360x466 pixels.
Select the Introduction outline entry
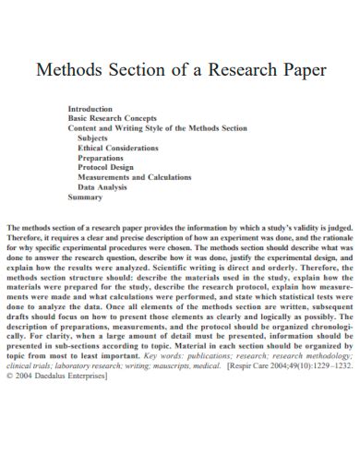pyautogui.click(x=90, y=108)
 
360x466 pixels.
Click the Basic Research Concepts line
pyautogui.click(x=113, y=118)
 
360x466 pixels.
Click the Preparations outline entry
pyautogui.click(x=104, y=158)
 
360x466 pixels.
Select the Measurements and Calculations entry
pyautogui.click(x=135, y=177)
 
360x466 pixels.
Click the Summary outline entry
pyautogui.click(x=85, y=197)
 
